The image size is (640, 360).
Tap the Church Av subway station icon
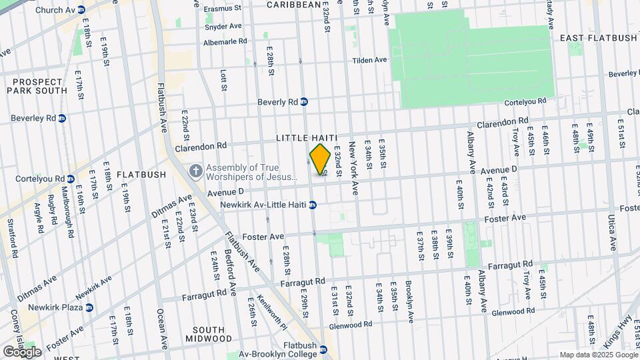81,10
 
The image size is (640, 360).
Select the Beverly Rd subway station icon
304,102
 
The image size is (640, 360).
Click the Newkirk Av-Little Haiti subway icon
312,204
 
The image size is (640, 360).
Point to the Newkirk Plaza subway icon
89,307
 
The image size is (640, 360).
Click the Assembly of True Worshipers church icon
195,171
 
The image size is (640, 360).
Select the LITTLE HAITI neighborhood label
305,137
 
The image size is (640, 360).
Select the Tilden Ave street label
370,60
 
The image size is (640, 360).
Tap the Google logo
22,351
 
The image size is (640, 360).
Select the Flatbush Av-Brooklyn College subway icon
323,349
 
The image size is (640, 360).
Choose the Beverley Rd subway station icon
62,119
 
